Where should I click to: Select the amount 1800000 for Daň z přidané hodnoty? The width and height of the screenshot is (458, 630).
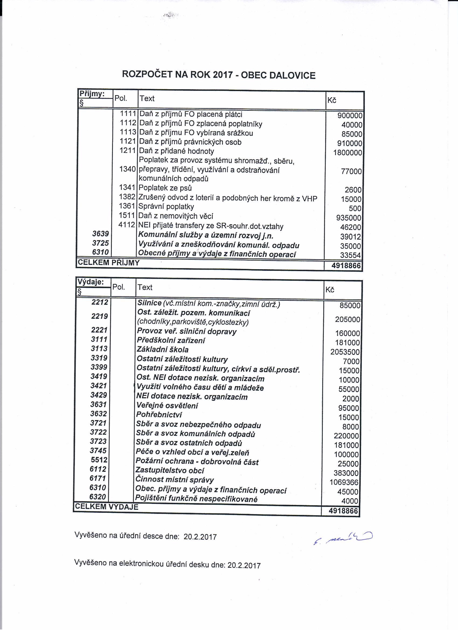click(348, 153)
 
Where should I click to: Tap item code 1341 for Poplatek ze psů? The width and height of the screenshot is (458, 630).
click(127, 188)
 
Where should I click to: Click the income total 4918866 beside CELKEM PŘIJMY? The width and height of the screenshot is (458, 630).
click(346, 266)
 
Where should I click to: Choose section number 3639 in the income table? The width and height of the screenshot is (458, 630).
click(100, 234)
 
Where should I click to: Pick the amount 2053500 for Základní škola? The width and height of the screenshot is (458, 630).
click(345, 352)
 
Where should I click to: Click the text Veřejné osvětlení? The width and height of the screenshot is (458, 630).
click(167, 406)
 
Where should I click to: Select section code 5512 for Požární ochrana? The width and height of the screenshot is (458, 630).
click(99, 460)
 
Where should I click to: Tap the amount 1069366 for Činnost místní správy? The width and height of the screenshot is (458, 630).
click(344, 483)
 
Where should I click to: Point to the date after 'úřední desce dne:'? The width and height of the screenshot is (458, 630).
click(200, 537)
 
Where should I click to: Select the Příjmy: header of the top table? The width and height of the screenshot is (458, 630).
click(92, 94)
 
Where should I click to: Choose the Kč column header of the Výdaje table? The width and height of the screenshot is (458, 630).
click(330, 290)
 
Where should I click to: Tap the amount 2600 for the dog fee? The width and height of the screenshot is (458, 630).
click(353, 190)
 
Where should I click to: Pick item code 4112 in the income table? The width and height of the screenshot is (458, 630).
click(127, 225)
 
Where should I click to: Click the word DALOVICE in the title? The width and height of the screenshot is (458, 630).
click(292, 75)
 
